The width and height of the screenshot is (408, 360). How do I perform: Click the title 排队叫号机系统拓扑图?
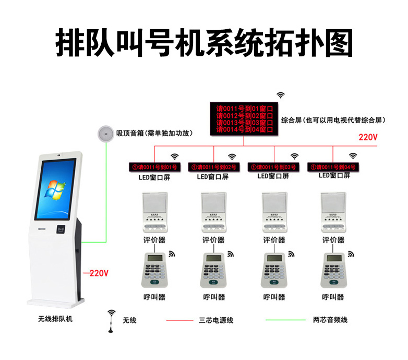tap(204, 43)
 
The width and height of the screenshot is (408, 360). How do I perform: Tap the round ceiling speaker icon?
tap(106, 134)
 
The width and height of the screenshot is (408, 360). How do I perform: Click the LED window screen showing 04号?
tap(332, 167)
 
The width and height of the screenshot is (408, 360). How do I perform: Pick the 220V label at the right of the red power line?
tap(368, 138)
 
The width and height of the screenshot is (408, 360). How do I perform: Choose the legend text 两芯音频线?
tap(330, 319)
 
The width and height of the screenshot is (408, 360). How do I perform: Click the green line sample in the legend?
tap(285, 319)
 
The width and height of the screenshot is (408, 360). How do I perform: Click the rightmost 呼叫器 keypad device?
tap(333, 270)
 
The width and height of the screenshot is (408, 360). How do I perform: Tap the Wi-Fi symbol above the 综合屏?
tap(281, 95)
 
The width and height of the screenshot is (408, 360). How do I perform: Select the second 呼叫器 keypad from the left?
tap(213, 270)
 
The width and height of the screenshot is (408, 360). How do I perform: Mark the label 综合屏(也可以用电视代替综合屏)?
tap(333, 120)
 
